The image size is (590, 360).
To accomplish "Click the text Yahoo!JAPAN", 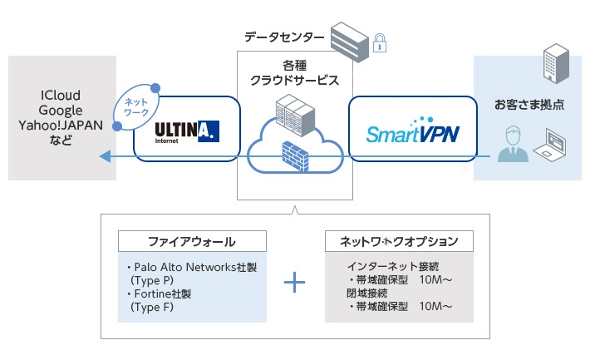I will [59, 126].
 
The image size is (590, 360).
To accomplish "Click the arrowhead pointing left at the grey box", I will [103, 156].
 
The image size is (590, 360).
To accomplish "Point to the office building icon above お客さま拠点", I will [552, 64].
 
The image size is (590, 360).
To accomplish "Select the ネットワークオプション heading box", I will [400, 241].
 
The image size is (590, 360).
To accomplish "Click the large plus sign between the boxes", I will [296, 283].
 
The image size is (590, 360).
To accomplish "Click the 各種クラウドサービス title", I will [295, 73].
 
